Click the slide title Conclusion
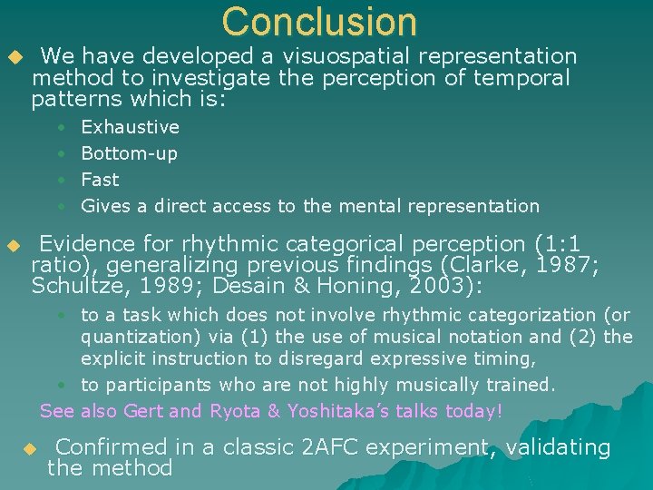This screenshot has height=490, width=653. click(319, 22)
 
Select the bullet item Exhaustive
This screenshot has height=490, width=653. click(130, 127)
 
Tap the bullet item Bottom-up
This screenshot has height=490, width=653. click(129, 153)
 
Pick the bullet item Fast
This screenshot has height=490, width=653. click(100, 180)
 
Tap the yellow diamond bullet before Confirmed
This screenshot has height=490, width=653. click(29, 449)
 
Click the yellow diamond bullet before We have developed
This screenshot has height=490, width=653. click(13, 58)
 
